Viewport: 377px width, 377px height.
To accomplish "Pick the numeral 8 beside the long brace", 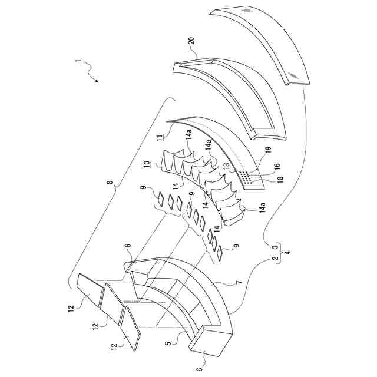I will pyautogui.click(x=110, y=183).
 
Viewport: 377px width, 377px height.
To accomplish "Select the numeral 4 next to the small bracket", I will pyautogui.click(x=286, y=252).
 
